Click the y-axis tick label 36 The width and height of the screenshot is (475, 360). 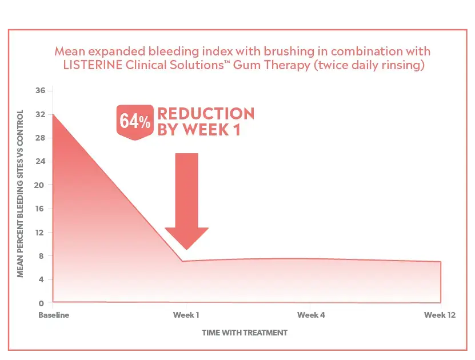(x=40, y=90)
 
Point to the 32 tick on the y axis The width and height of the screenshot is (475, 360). (x=40, y=114)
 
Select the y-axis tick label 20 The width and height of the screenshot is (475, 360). (x=40, y=185)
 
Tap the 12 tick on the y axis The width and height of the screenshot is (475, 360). (x=40, y=233)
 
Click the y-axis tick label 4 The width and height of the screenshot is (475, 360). (x=42, y=279)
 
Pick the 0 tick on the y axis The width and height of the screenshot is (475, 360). (x=42, y=303)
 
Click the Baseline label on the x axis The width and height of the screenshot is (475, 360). (x=53, y=315)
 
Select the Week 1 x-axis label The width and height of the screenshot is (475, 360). (x=186, y=315)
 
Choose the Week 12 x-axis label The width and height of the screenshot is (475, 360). (x=440, y=315)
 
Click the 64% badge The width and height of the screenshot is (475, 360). (x=135, y=121)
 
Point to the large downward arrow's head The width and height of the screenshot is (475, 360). (x=186, y=237)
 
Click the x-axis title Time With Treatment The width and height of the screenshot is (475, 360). (x=244, y=332)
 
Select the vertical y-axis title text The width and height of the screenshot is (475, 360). (x=20, y=193)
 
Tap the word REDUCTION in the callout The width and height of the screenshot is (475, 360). (x=205, y=113)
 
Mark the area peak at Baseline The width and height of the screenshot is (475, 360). (x=53, y=115)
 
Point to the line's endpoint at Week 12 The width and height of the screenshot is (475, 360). (x=440, y=262)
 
